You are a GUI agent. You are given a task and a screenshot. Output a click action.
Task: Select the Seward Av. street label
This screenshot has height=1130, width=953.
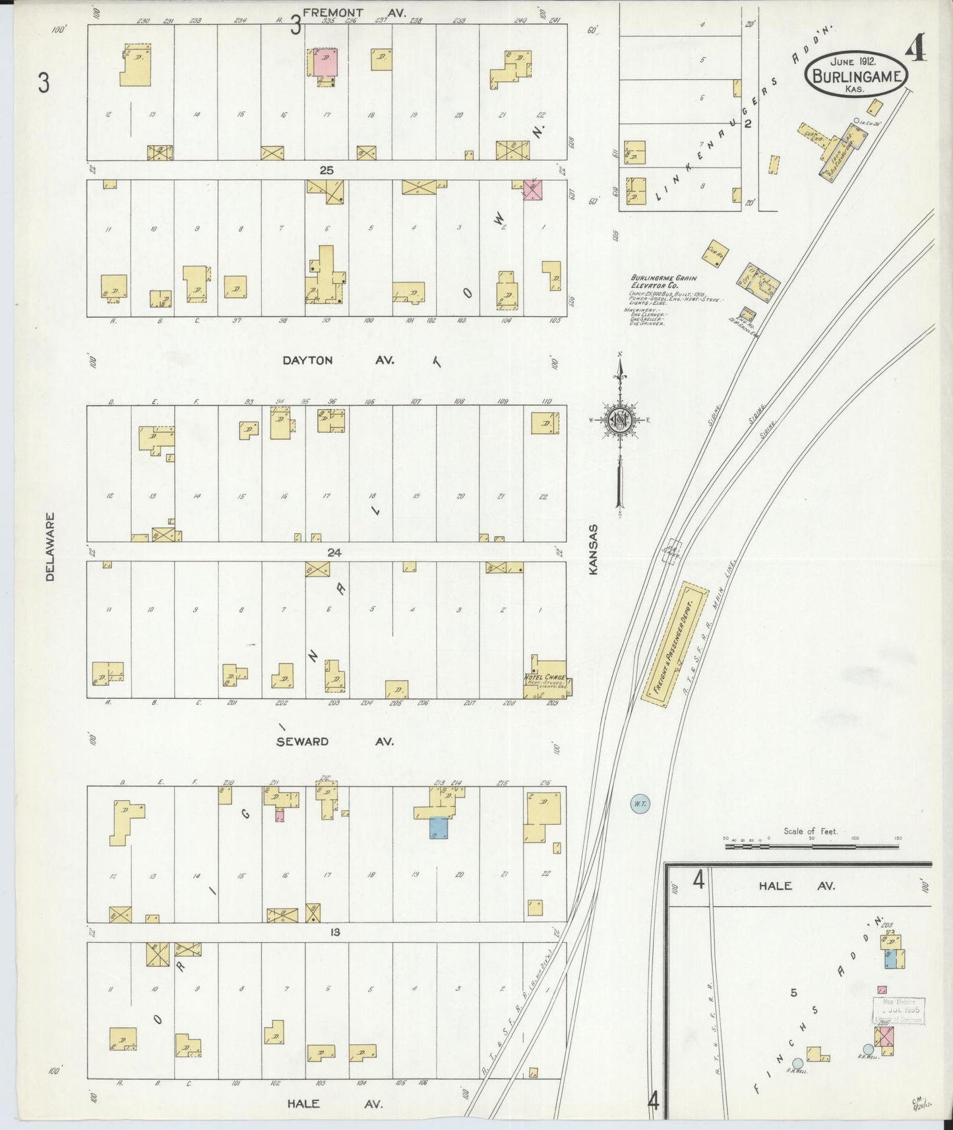tap(334, 741)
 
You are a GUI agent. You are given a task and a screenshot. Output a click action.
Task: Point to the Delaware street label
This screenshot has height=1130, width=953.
tap(51, 547)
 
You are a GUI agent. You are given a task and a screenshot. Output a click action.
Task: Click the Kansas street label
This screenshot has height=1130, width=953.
tap(593, 549)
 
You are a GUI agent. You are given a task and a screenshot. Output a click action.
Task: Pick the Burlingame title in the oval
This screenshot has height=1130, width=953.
tap(856, 76)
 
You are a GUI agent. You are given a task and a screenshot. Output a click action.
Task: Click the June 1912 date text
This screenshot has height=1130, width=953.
tap(852, 61)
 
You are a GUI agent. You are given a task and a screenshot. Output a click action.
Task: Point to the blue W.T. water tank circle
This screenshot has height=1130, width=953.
tap(638, 804)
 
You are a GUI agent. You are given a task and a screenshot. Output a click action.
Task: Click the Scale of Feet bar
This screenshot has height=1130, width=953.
tap(811, 845)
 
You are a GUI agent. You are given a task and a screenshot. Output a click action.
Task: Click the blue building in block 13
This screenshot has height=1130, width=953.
tap(438, 827)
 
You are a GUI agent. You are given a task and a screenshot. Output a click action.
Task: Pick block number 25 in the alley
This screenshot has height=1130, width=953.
tap(326, 170)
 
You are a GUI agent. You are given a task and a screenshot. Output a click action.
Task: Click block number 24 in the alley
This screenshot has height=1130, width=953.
tap(334, 552)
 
